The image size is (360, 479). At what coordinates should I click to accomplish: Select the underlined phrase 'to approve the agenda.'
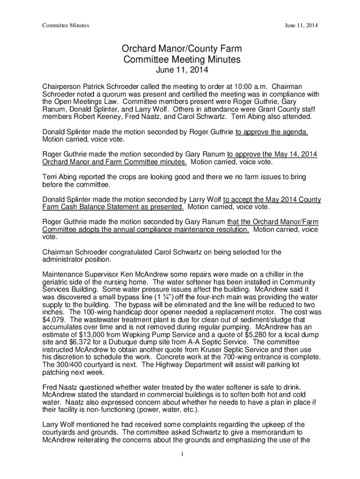point(271,132)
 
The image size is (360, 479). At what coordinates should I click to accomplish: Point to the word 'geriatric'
point(56,282)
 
